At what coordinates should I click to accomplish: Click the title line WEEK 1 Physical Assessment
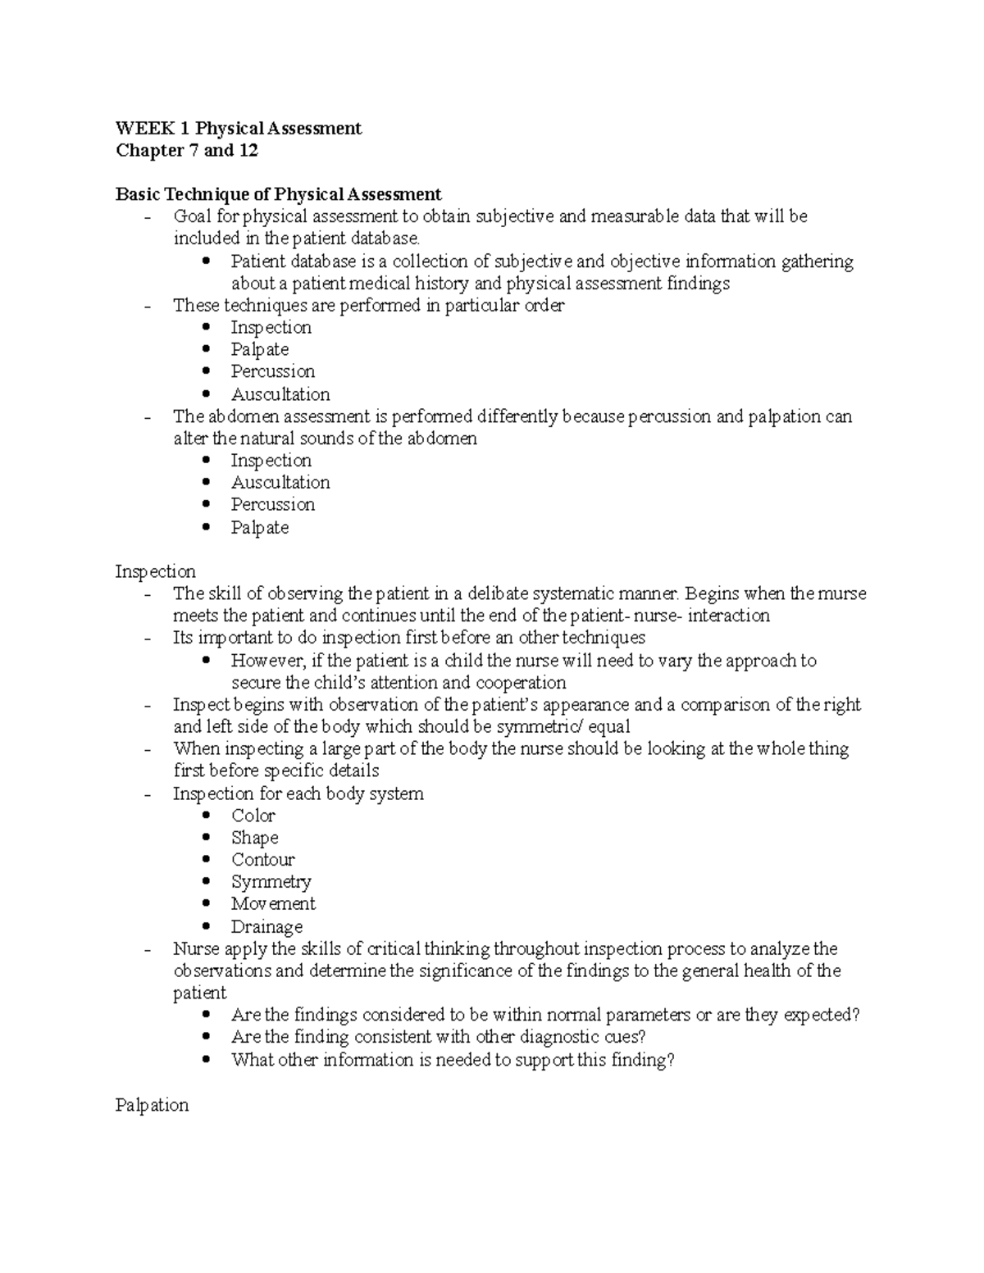tap(238, 128)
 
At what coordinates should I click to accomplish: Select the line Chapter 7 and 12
tap(187, 150)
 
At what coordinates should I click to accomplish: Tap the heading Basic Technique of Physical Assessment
tap(278, 194)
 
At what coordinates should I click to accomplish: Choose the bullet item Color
tap(253, 816)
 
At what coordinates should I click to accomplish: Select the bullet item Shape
tap(254, 838)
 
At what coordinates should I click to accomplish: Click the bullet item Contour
tap(262, 860)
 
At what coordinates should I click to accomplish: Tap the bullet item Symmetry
tap(271, 882)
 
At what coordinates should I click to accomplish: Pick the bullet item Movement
tap(273, 904)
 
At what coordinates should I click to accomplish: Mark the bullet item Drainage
tap(266, 927)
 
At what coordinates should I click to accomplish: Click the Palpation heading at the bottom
tap(152, 1105)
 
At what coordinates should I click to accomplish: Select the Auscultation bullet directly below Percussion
tap(280, 394)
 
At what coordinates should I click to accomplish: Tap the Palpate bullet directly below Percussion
tap(259, 528)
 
